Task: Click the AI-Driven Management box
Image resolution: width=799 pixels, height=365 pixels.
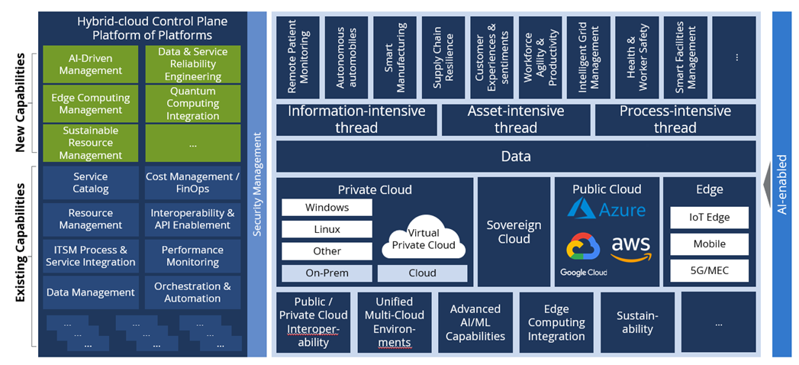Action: (91, 64)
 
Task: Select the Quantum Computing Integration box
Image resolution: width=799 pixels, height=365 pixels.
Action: (192, 103)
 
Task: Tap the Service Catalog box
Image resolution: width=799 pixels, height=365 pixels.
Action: (91, 182)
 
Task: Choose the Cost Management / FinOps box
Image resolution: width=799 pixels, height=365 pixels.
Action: (192, 182)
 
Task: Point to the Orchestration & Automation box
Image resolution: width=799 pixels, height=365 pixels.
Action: (192, 292)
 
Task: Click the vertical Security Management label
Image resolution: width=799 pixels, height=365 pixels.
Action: (257, 184)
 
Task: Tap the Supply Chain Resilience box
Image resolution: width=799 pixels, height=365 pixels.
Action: (444, 57)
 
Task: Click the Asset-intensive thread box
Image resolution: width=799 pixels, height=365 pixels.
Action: (516, 120)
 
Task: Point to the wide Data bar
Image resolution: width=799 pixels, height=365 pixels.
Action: (516, 157)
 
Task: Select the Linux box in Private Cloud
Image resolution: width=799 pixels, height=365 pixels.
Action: (327, 229)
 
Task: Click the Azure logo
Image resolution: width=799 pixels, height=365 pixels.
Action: (607, 208)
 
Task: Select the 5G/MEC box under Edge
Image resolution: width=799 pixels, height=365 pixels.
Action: (709, 270)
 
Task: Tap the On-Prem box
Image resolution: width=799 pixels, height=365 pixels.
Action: (327, 273)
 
